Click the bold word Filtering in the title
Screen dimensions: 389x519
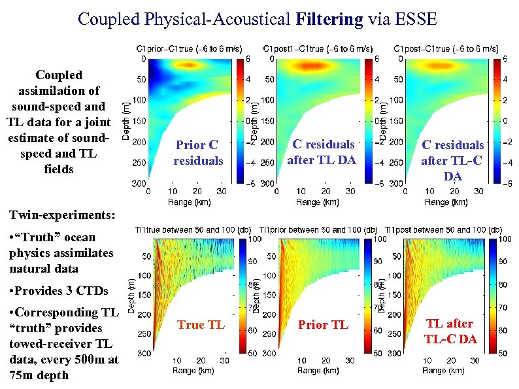[x=329, y=19]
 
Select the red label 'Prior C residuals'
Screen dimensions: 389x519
[x=198, y=152]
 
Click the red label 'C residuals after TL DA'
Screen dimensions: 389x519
[x=323, y=152]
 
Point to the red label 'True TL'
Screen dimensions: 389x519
[x=201, y=324]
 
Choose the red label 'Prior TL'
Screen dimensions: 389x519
[x=323, y=324]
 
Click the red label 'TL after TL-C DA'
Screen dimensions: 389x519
[x=450, y=331]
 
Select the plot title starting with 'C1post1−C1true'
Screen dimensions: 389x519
[x=318, y=48]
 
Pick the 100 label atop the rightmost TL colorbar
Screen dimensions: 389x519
[x=506, y=239]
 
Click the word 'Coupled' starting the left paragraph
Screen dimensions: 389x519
[x=59, y=75]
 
